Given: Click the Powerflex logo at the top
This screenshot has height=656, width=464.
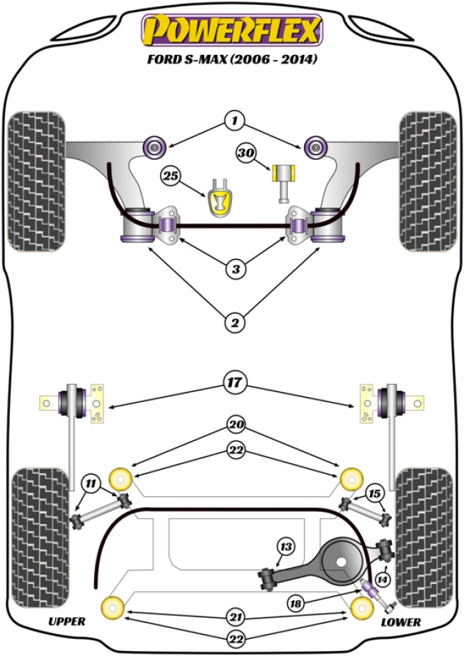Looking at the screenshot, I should pyautogui.click(x=232, y=31).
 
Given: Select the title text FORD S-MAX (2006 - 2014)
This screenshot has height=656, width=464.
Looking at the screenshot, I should pyautogui.click(x=232, y=59).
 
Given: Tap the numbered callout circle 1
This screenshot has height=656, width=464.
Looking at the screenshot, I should pyautogui.click(x=233, y=121).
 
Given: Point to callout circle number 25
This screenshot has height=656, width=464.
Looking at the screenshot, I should pyautogui.click(x=169, y=175).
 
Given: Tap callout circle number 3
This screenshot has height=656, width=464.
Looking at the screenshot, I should pyautogui.click(x=233, y=269).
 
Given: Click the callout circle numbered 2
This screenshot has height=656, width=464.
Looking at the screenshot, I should pyautogui.click(x=233, y=323).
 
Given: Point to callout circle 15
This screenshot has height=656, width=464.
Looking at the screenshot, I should pyautogui.click(x=374, y=493).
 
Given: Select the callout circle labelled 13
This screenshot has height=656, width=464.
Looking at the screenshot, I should pyautogui.click(x=286, y=547).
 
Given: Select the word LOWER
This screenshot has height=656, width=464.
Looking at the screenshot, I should pyautogui.click(x=401, y=622).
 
